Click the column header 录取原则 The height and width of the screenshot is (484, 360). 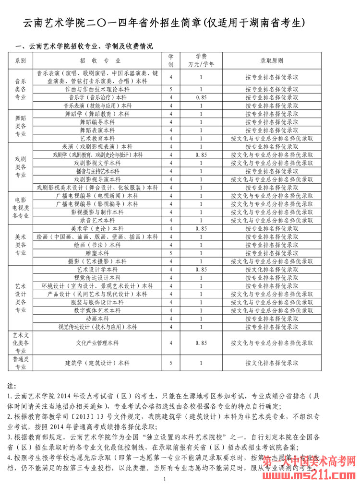pyautogui.click(x=272, y=61)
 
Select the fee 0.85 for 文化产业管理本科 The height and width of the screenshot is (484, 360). pyautogui.click(x=201, y=343)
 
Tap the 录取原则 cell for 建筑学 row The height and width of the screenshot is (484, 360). pyautogui.click(x=272, y=363)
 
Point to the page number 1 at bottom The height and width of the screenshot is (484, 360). pyautogui.click(x=165, y=479)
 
